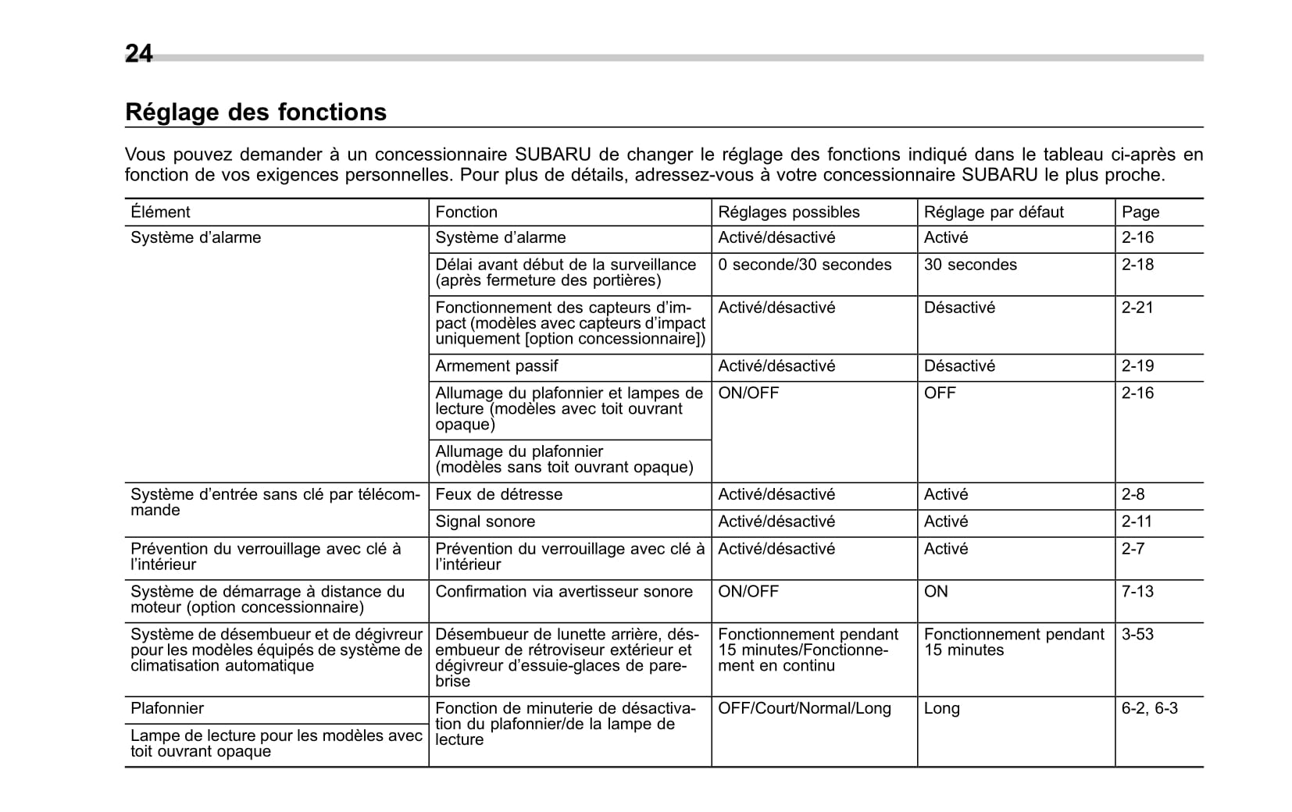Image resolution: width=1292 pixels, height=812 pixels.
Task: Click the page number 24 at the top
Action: [x=139, y=53]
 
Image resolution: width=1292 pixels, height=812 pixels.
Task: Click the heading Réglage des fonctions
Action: [x=255, y=112]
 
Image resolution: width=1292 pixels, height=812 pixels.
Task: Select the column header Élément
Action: [x=160, y=212]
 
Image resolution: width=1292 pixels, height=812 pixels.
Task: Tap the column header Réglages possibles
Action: [x=788, y=212]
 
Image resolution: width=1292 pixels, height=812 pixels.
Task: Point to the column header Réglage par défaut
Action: [x=994, y=212]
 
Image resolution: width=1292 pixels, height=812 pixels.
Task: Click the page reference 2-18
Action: [x=1137, y=265]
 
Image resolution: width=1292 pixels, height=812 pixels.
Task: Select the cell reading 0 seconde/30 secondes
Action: [x=805, y=265]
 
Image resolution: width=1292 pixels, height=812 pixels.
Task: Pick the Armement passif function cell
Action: [x=497, y=366]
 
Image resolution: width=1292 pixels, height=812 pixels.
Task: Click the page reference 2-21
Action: [x=1137, y=308]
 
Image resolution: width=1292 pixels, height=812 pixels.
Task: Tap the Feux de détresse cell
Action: [x=498, y=495]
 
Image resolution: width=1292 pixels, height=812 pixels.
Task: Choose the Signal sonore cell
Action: [x=485, y=522]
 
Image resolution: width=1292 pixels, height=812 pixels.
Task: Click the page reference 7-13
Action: [x=1137, y=592]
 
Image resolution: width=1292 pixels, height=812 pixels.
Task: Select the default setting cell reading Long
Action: [x=941, y=709]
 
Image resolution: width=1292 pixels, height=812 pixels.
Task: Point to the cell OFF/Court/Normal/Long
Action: [x=804, y=709]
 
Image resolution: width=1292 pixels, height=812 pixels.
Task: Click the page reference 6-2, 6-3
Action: [x=1149, y=709]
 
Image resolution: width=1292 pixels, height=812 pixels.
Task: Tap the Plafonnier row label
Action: [x=167, y=709]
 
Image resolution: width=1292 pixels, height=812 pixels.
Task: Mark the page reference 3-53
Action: [x=1137, y=635]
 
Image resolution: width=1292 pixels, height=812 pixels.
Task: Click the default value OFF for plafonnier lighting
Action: [x=940, y=394]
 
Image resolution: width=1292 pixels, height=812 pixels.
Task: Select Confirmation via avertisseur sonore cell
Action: [x=564, y=592]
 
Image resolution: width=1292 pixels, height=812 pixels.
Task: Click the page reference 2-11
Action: [x=1137, y=522]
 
